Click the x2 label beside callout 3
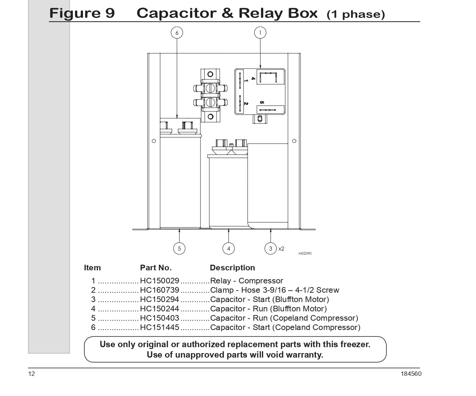pyautogui.click(x=281, y=249)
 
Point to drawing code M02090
pyautogui.click(x=305, y=254)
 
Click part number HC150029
pyautogui.click(x=159, y=280)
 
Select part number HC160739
pyautogui.click(x=159, y=290)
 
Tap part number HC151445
pyautogui.click(x=159, y=327)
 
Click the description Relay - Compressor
pyautogui.click(x=246, y=280)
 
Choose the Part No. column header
pyautogui.click(x=156, y=268)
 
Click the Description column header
pyautogui.click(x=232, y=268)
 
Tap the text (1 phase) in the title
pyautogui.click(x=356, y=14)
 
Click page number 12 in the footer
pyautogui.click(x=31, y=374)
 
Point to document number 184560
pyautogui.click(x=411, y=374)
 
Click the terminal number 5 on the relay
pyautogui.click(x=262, y=103)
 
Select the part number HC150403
pyautogui.click(x=159, y=318)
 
